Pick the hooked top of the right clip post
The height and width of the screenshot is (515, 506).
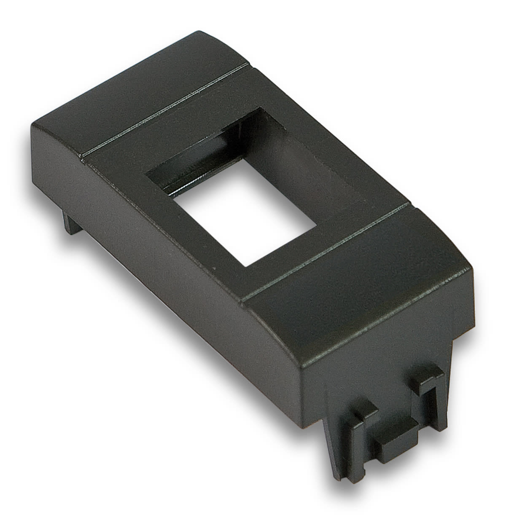pyautogui.click(x=426, y=375)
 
